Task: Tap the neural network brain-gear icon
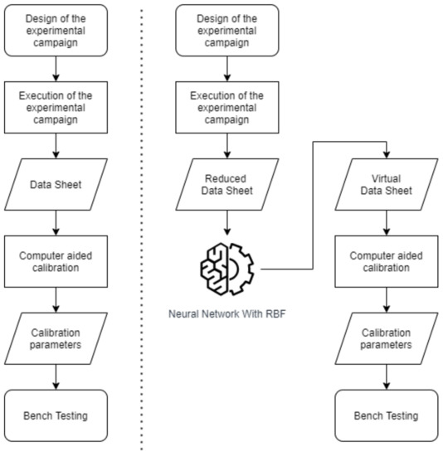[226, 267]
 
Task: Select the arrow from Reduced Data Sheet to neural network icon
[226, 225]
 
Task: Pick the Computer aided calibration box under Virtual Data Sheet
[385, 263]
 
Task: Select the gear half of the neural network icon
[241, 267]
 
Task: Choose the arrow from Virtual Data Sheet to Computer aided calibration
[385, 223]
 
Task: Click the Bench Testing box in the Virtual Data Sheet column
[385, 415]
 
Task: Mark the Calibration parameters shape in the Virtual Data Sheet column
[385, 339]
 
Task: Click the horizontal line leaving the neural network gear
[286, 269]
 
